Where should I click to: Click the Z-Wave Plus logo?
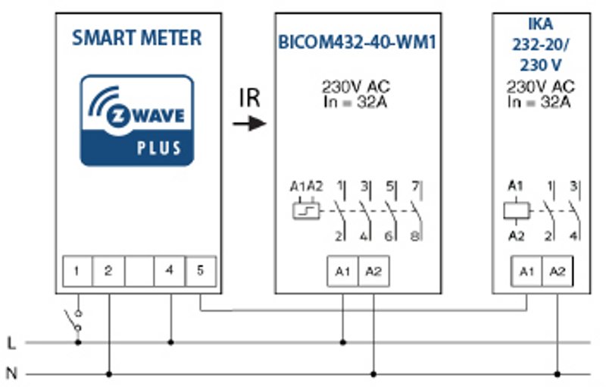click(137, 120)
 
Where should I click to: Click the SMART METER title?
click(137, 38)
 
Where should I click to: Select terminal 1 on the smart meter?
click(77, 270)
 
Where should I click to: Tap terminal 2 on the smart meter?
click(108, 270)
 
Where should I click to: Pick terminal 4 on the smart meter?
click(170, 270)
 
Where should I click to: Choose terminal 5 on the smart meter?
click(200, 270)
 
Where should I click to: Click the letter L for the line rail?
click(11, 343)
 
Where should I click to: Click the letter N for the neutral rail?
click(11, 373)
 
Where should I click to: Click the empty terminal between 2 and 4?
click(139, 270)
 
